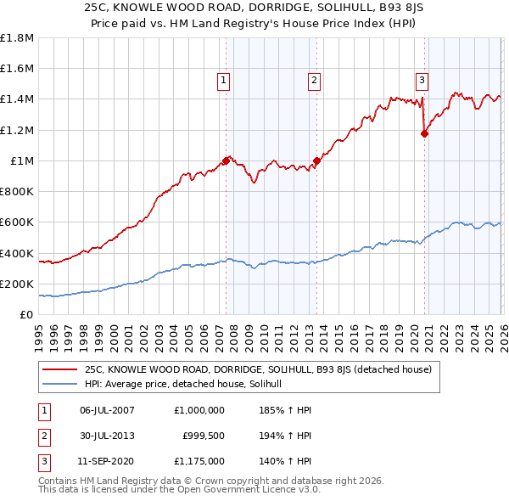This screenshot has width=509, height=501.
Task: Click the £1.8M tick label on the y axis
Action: click(x=17, y=38)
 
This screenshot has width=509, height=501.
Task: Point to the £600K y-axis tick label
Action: click(x=17, y=222)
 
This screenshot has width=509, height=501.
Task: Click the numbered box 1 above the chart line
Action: click(x=224, y=81)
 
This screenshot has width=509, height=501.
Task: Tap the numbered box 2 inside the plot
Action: click(x=314, y=81)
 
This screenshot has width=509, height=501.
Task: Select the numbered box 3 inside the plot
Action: click(x=422, y=81)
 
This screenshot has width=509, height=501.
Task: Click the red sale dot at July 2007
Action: click(x=226, y=160)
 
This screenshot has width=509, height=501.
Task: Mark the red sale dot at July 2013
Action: click(x=316, y=160)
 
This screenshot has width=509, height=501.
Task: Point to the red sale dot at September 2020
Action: click(x=425, y=133)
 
